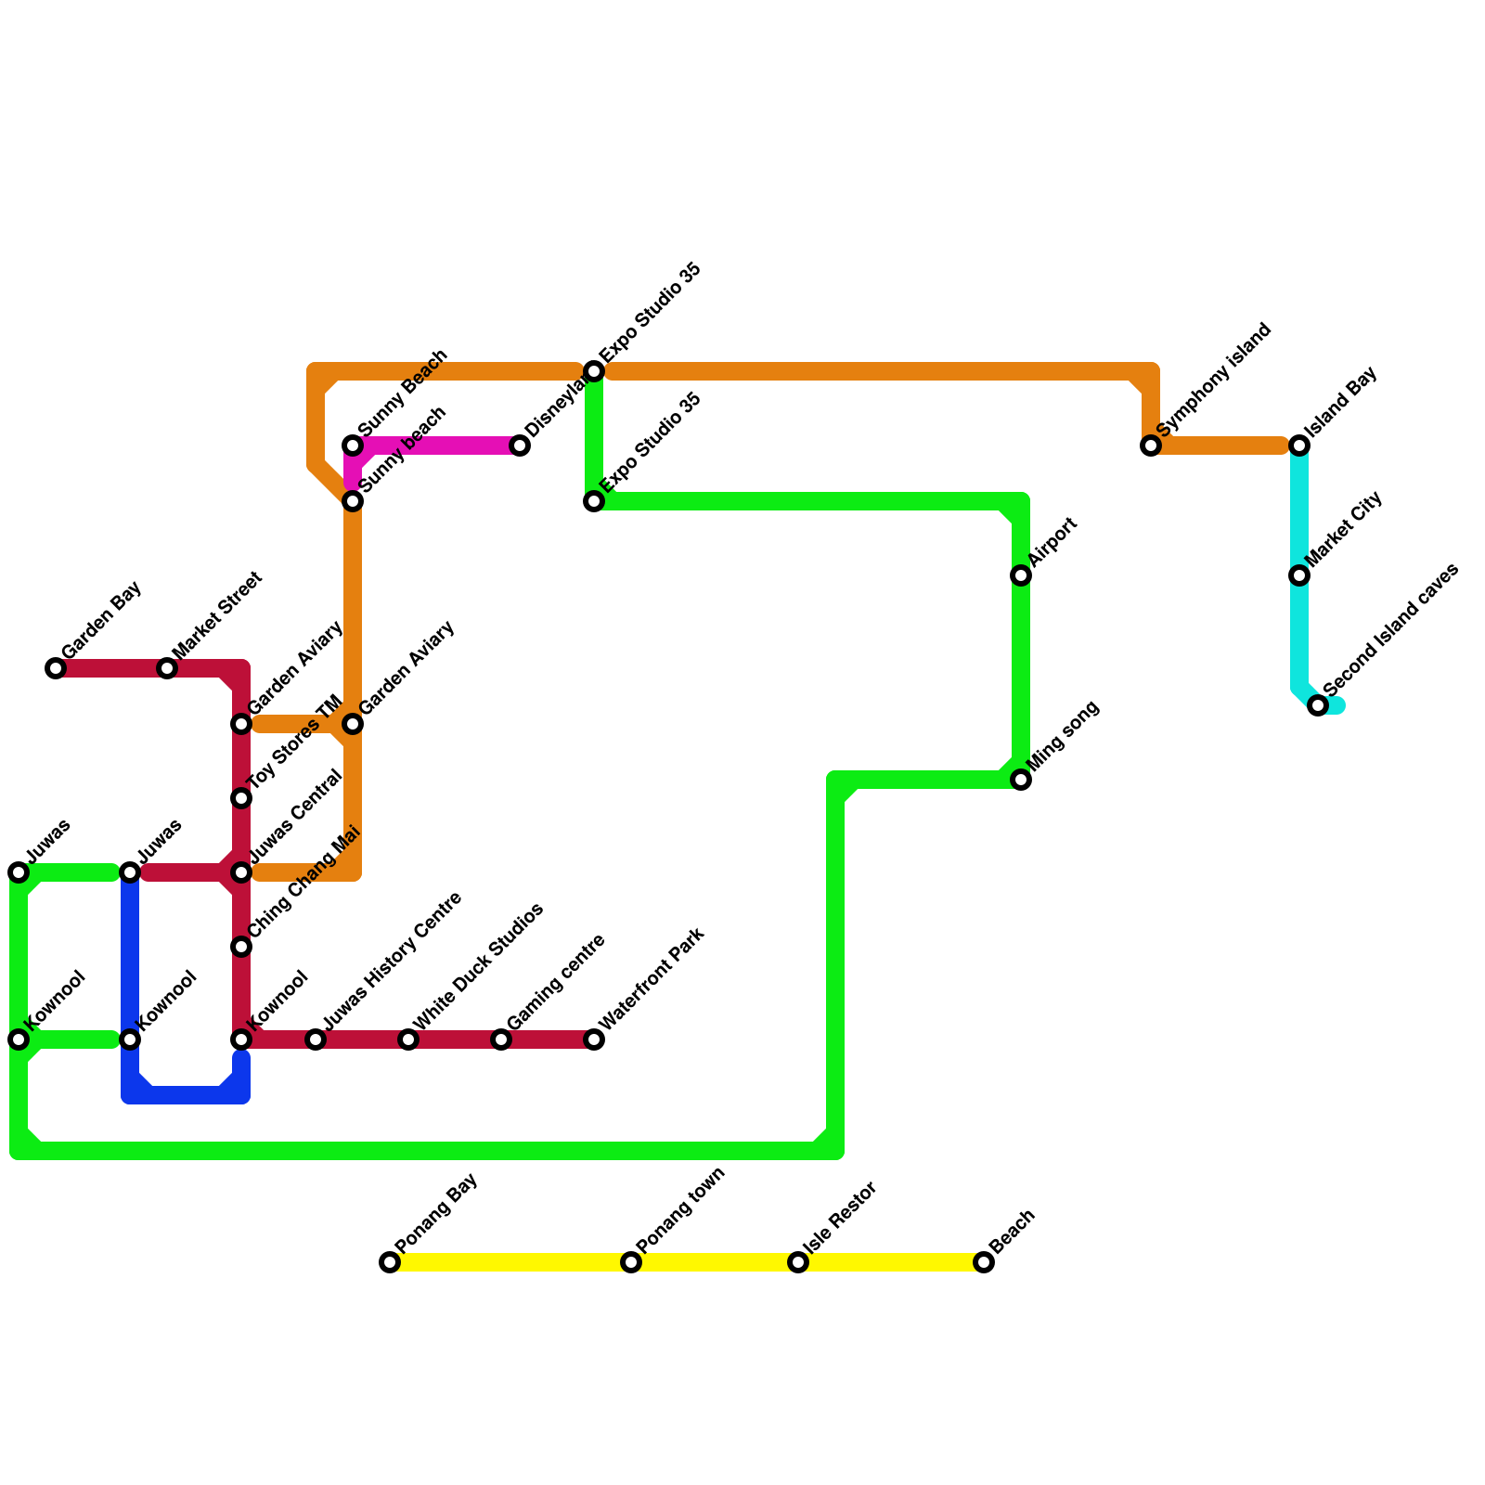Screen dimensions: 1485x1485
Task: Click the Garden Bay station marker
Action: (56, 668)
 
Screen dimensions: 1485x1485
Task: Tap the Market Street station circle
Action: (167, 668)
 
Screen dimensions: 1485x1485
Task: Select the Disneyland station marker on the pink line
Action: (521, 446)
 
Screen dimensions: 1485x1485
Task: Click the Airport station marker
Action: (1021, 576)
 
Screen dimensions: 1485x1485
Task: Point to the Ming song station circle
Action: (1021, 780)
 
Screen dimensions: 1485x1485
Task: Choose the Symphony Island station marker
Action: (1151, 446)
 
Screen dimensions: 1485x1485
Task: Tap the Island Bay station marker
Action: (1299, 446)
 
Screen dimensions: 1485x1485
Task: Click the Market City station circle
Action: (1299, 576)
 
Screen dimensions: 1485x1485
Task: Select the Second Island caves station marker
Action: (1318, 706)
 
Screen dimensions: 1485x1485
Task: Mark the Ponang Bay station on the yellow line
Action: (390, 1262)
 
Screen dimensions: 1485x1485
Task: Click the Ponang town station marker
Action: (631, 1262)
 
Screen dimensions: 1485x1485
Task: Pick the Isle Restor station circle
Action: (798, 1262)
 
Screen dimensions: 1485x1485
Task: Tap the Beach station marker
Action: (984, 1262)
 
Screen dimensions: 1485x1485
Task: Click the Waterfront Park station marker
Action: (594, 1039)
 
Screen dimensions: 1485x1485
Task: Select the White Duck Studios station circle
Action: (408, 1039)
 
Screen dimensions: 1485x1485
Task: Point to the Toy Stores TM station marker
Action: (241, 798)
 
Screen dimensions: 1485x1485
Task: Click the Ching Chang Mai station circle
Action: (241, 947)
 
